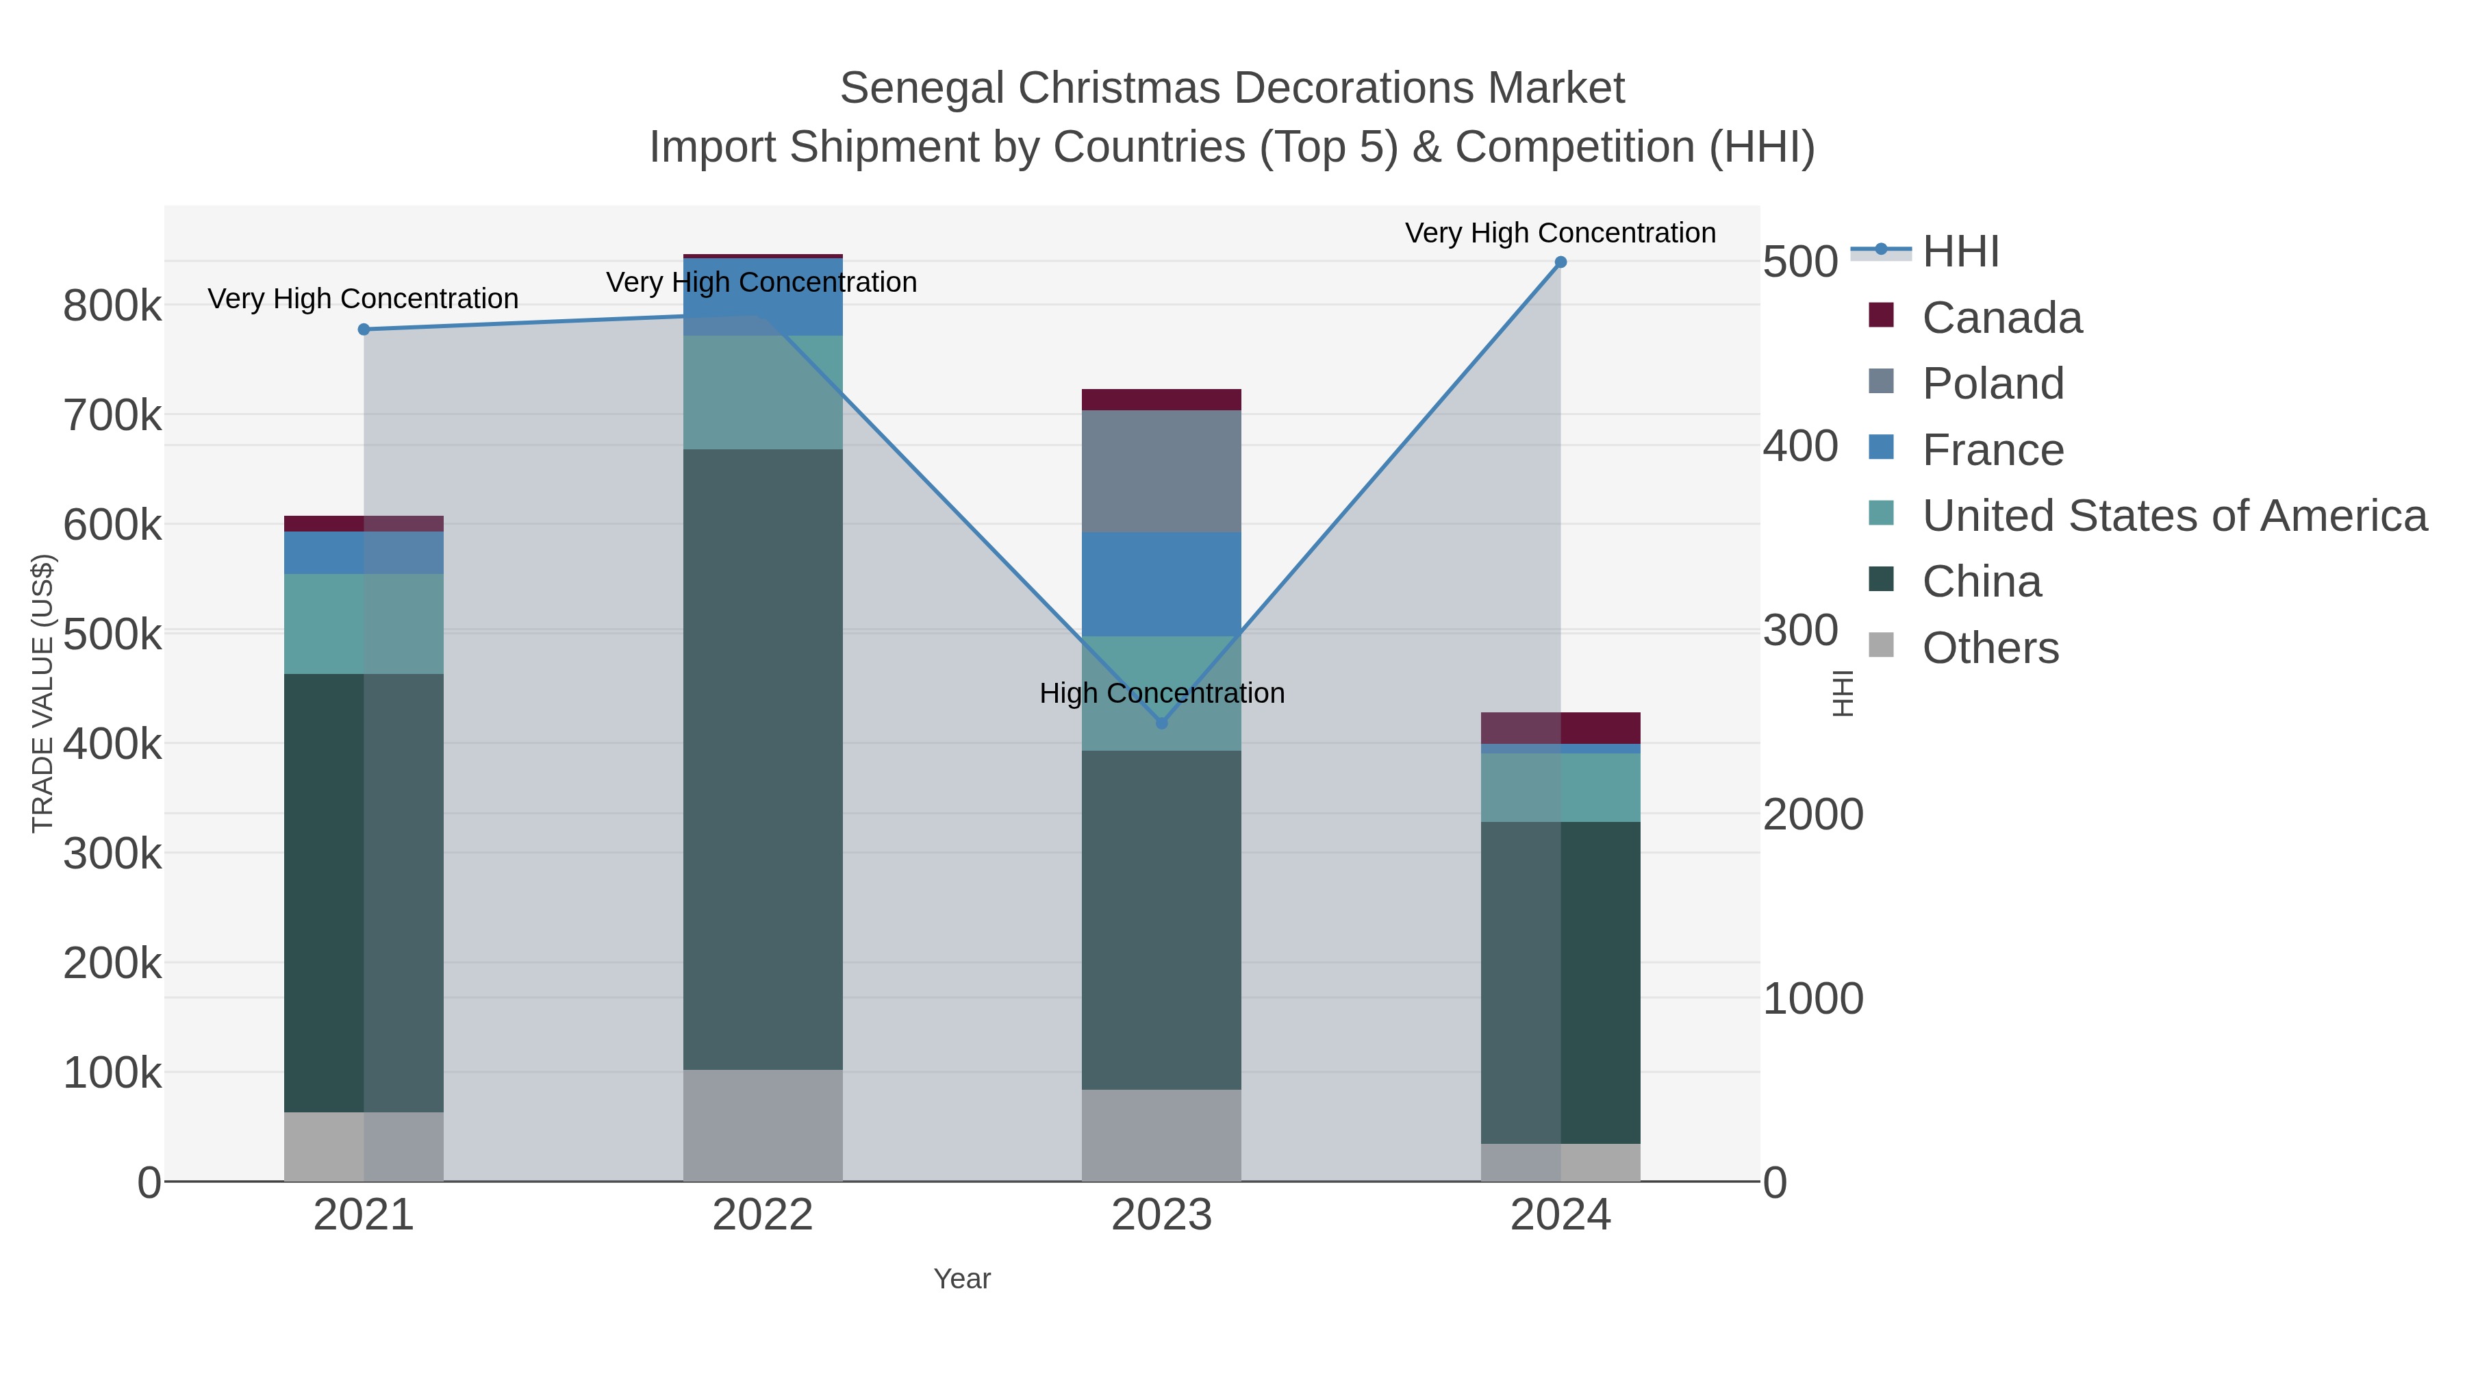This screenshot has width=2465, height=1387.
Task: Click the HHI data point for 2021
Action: click(x=364, y=329)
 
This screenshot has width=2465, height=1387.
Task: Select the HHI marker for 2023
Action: click(x=1162, y=723)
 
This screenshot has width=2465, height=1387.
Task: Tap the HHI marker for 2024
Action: click(x=1560, y=262)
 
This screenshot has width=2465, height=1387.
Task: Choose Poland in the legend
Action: click(x=1993, y=384)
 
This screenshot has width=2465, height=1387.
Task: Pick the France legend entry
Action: click(x=1993, y=450)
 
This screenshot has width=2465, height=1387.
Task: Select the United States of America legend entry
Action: click(x=2173, y=516)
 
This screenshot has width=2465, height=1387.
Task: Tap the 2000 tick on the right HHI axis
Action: click(x=1812, y=814)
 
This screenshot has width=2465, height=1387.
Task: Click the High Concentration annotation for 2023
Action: click(x=1162, y=693)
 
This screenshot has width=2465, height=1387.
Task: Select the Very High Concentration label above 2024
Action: click(x=1560, y=233)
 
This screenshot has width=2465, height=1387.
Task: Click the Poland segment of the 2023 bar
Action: click(x=1162, y=471)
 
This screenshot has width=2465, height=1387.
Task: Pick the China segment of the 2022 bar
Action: click(x=763, y=759)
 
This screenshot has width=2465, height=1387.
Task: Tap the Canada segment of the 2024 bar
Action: click(x=1560, y=727)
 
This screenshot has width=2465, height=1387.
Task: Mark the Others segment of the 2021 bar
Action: click(x=364, y=1147)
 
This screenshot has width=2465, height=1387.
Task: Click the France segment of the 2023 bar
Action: click(x=1162, y=584)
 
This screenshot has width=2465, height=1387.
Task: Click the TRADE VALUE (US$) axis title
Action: click(x=43, y=693)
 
